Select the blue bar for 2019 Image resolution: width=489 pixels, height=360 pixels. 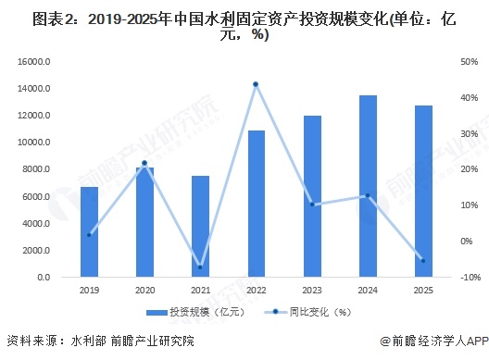point(89,232)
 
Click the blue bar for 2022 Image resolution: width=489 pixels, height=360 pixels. point(257,204)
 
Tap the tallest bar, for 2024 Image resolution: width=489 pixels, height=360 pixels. point(368,186)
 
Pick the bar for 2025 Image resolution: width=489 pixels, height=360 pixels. point(423,192)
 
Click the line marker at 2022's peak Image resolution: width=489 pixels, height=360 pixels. point(256,84)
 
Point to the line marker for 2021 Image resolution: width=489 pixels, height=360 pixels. point(200,267)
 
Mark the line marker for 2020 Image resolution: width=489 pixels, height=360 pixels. point(144,164)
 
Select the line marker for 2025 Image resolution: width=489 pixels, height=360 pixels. point(423,261)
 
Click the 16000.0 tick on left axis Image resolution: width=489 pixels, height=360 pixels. point(33,62)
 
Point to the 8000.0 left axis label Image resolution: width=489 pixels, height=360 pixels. point(36,169)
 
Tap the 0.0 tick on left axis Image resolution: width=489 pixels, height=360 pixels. point(43,277)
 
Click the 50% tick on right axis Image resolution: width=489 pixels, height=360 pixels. point(468,62)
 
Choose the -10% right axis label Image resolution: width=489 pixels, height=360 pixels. point(469,277)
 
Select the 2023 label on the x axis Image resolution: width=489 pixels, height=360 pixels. point(312,291)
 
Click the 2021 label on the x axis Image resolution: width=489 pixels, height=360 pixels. point(200,291)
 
